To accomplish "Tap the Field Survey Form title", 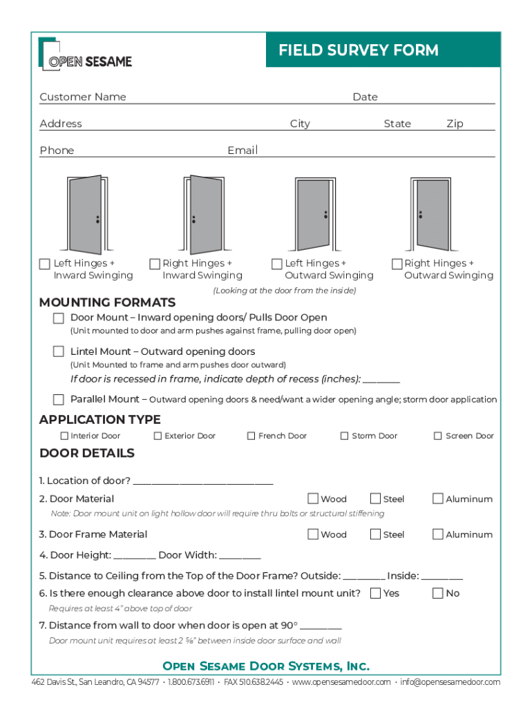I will (x=358, y=50).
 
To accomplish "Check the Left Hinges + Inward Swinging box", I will (x=45, y=264).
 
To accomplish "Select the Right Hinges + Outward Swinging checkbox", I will (x=397, y=264).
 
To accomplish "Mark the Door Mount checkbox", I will (x=59, y=318).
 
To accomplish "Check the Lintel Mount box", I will (x=59, y=351).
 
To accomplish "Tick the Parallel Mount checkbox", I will (x=59, y=399).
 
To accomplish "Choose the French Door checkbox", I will (x=251, y=436).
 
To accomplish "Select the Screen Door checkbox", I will (x=438, y=436).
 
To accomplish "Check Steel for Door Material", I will (x=375, y=498).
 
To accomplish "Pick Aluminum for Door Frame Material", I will (x=437, y=534).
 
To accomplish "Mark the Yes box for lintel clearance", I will (x=375, y=593).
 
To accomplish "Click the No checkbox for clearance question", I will (x=437, y=593).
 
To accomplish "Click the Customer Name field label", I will (x=83, y=97).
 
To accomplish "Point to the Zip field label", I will (x=455, y=124).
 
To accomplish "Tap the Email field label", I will (x=243, y=151).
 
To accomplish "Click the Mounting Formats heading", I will (x=107, y=302).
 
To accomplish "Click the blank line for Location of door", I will (x=203, y=481).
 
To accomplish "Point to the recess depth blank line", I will (x=381, y=380).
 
